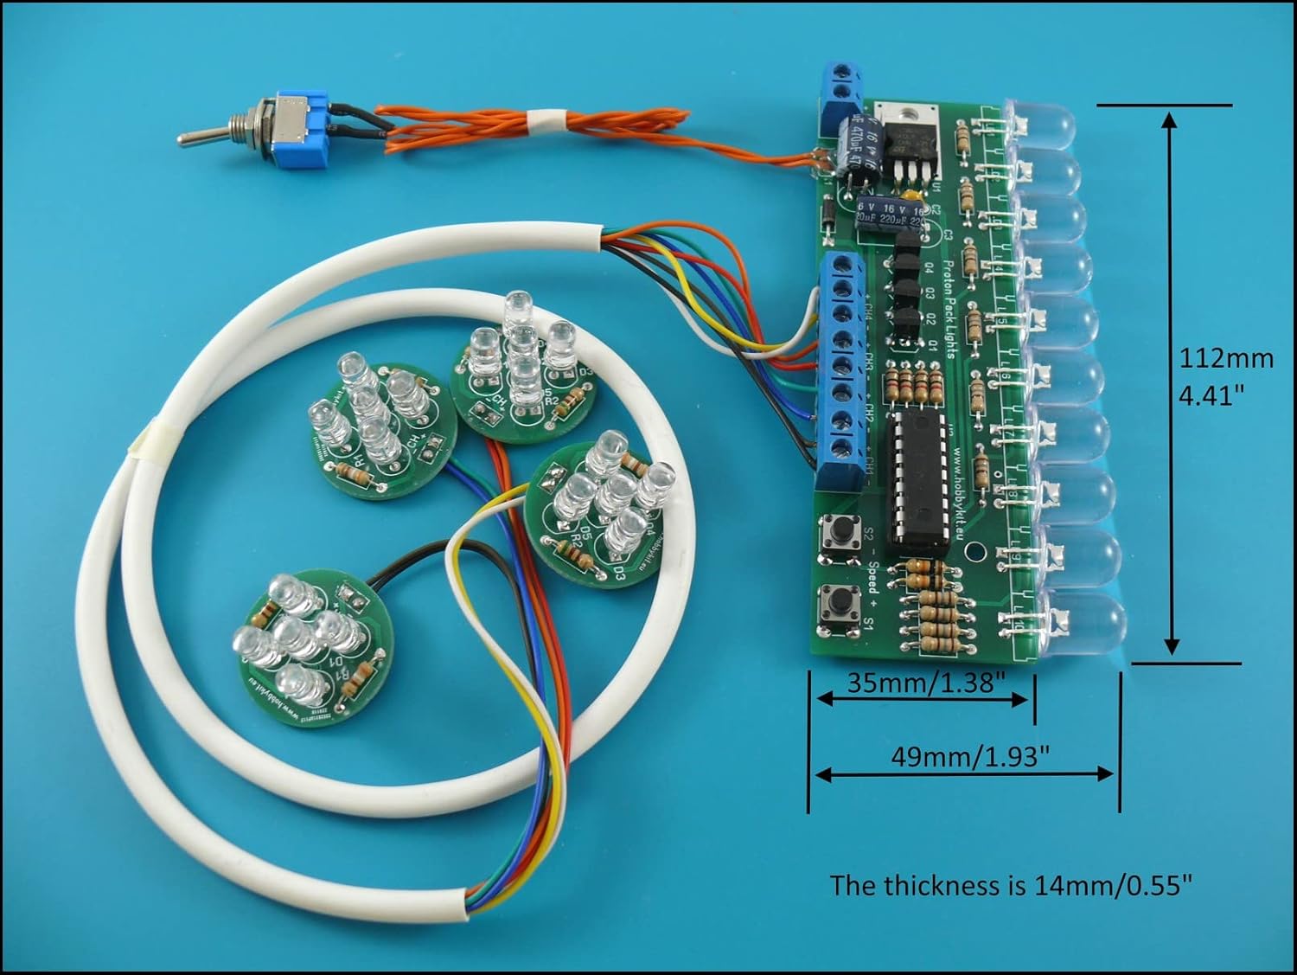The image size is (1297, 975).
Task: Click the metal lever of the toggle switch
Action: (203, 136)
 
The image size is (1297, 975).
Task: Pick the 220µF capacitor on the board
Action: (888, 216)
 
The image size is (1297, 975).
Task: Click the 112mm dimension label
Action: (1227, 358)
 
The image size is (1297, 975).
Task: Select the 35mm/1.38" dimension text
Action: (925, 683)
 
